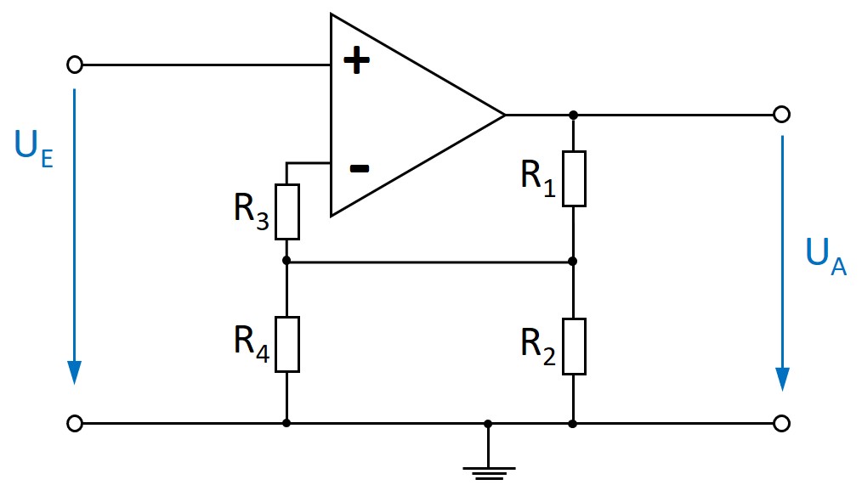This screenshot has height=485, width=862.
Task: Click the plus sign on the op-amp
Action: coord(357,61)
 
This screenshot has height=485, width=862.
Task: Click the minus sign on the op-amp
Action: coord(360,168)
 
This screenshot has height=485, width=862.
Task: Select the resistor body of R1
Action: coord(574,178)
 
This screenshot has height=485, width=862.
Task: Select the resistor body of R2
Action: coord(574,346)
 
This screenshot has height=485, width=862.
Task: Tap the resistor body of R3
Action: coord(287,211)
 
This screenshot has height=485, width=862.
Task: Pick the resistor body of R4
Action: coord(287,344)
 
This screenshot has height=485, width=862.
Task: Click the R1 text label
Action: coord(538,177)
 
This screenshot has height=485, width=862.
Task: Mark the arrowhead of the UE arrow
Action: coord(75,372)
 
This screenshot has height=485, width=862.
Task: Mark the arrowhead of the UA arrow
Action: coord(782,380)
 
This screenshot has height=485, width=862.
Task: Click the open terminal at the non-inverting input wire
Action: coord(75,65)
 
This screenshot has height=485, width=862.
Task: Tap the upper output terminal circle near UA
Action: coord(782,114)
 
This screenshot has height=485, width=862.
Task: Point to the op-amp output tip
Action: coord(504,114)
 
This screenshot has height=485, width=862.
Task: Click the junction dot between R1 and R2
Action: coord(574,262)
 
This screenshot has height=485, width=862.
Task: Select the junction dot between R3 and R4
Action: coord(287,262)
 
